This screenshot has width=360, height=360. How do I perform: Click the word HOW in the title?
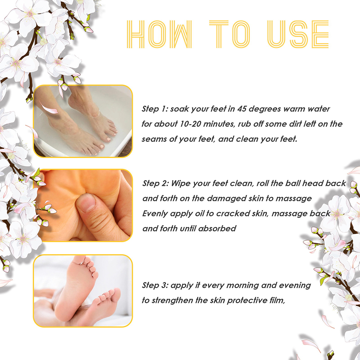[159, 34]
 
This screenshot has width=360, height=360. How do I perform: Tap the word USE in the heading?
[298, 34]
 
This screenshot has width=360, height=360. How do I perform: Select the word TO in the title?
[230, 34]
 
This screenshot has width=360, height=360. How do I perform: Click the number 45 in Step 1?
[242, 109]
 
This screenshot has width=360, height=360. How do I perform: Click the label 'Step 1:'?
[155, 109]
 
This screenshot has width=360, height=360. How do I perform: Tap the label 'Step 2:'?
[156, 184]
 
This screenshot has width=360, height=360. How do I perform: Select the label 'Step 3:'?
[155, 285]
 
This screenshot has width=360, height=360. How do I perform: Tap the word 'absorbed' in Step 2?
[217, 229]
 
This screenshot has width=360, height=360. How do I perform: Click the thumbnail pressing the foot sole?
[83, 206]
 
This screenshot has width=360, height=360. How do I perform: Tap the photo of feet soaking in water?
[83, 121]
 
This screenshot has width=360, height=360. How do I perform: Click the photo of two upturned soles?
[83, 291]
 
